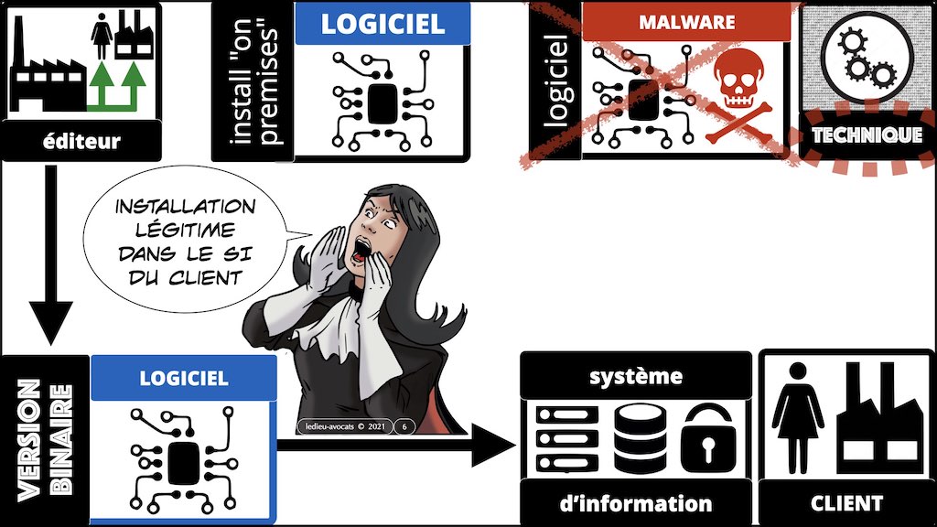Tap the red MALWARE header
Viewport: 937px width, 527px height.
tap(686, 20)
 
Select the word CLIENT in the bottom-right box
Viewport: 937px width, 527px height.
tap(846, 503)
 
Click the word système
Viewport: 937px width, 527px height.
tap(635, 376)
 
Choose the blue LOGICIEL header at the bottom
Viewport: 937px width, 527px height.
tap(184, 376)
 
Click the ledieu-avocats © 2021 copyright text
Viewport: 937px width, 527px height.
tap(343, 425)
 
